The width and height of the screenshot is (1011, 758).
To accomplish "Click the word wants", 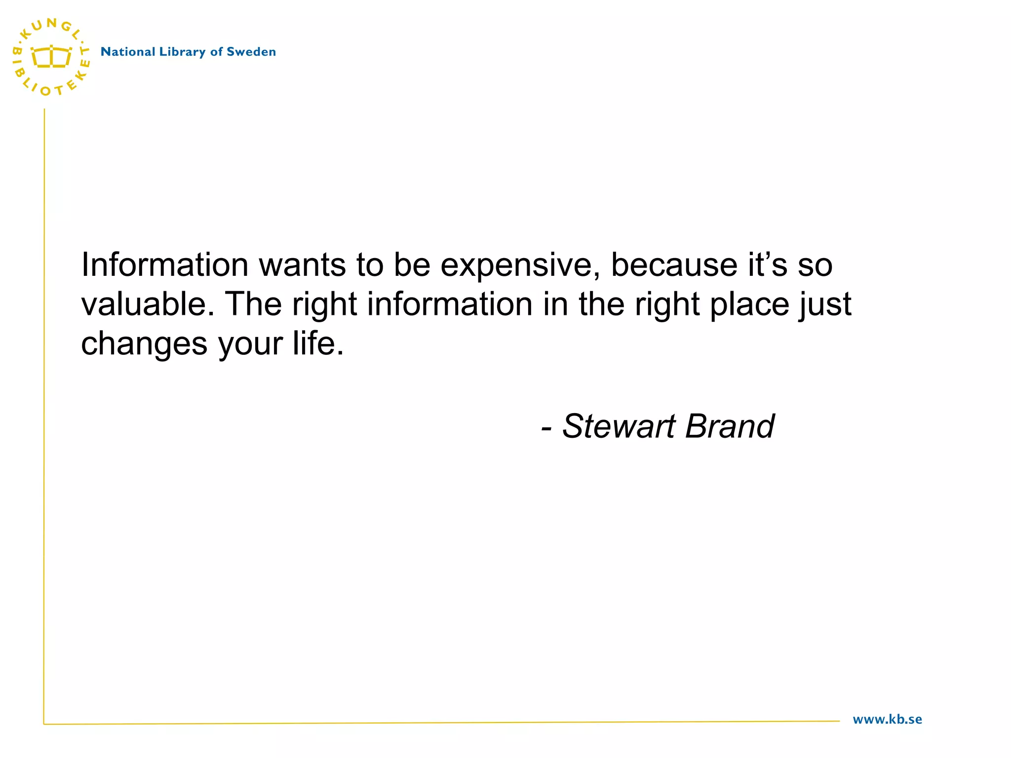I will (x=303, y=265).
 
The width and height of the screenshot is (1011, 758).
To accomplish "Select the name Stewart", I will (x=619, y=426).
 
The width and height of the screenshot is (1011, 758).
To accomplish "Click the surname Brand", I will (x=730, y=426).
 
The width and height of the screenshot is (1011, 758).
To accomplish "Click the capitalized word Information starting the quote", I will (x=165, y=265).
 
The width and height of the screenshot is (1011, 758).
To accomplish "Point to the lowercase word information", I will (x=450, y=304).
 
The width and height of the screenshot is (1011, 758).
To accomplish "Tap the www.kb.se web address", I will (x=887, y=720).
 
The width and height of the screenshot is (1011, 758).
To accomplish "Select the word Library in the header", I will (x=182, y=52).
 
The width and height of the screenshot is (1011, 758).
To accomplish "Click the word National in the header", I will (x=128, y=52).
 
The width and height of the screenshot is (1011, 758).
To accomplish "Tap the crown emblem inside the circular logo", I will (x=51, y=57).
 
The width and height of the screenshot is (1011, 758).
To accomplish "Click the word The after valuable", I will (x=254, y=304).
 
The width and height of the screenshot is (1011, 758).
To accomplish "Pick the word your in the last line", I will (x=250, y=344).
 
